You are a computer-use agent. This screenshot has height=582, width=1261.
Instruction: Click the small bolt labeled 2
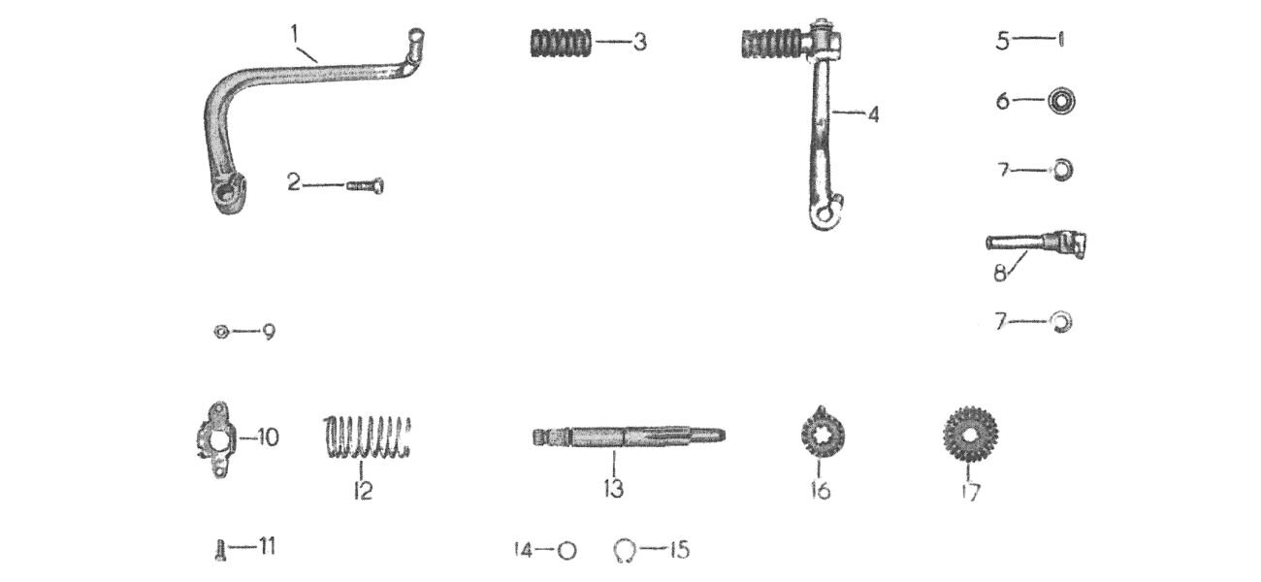click(x=366, y=185)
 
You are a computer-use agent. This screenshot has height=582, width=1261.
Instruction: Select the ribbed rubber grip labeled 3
click(x=561, y=43)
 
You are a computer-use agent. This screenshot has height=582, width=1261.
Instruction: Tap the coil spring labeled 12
click(x=367, y=437)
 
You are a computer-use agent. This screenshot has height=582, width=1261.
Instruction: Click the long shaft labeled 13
click(x=629, y=436)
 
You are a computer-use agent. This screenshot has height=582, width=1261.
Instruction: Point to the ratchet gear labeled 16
click(x=822, y=435)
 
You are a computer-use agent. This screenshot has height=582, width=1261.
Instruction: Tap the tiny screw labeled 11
click(x=220, y=550)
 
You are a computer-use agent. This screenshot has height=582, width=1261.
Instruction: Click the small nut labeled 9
click(x=221, y=332)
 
